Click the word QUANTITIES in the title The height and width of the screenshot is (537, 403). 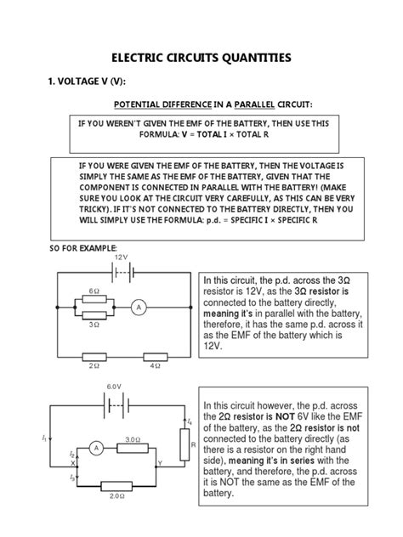coord(253,58)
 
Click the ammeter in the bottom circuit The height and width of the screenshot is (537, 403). coord(97,447)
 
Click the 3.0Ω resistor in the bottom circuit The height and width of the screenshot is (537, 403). coord(132,447)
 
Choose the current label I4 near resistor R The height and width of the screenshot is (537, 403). coord(190,421)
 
